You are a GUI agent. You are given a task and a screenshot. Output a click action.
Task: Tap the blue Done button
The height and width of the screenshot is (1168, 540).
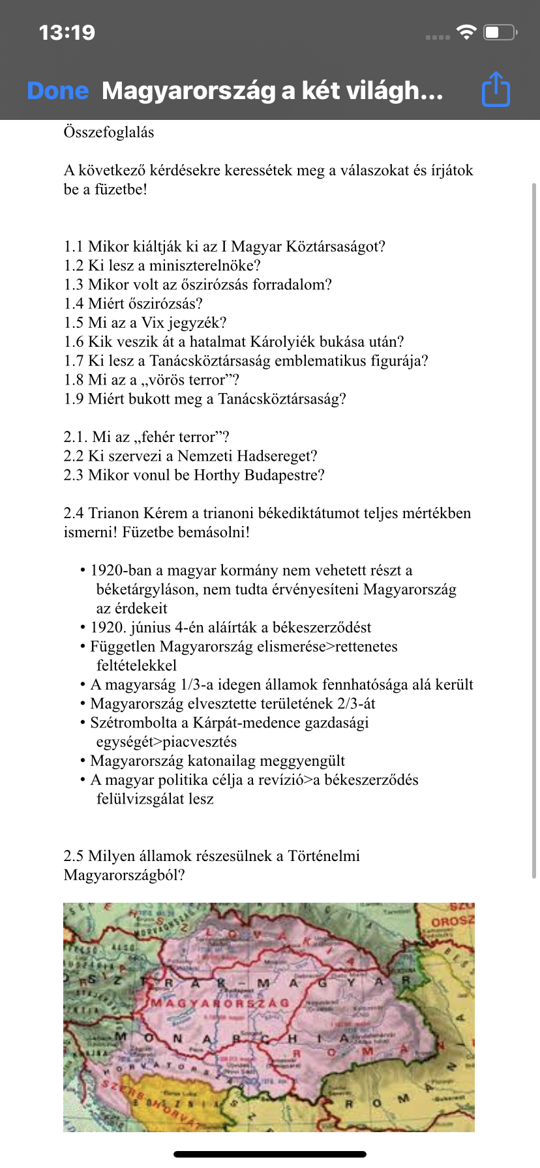58,91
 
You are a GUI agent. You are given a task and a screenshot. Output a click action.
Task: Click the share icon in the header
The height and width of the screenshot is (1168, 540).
496,89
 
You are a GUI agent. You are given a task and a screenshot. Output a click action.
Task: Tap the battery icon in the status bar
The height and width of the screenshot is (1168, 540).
500,32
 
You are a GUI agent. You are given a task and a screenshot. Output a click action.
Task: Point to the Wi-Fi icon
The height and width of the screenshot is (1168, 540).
466,32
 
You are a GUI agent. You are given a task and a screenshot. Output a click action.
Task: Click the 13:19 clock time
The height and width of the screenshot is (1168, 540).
67,32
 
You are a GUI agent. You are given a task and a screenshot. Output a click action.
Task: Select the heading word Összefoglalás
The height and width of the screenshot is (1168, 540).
109,132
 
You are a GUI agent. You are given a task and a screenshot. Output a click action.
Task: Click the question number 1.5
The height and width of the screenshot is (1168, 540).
73,323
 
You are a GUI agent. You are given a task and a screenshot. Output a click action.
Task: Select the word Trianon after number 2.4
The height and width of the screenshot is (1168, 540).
115,513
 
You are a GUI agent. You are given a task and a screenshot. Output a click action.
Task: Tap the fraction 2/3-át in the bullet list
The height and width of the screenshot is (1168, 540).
356,703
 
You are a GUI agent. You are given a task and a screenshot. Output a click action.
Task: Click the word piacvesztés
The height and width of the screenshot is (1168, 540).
200,742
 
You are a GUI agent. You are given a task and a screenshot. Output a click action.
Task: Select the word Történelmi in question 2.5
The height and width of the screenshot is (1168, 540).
323,856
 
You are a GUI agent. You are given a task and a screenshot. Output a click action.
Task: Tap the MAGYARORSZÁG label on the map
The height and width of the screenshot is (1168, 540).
220,1002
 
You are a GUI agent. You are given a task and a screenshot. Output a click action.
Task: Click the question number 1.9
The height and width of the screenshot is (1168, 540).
73,399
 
